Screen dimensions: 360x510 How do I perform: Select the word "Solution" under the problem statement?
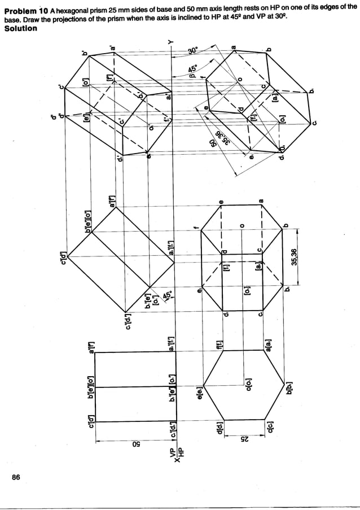click(21, 28)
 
